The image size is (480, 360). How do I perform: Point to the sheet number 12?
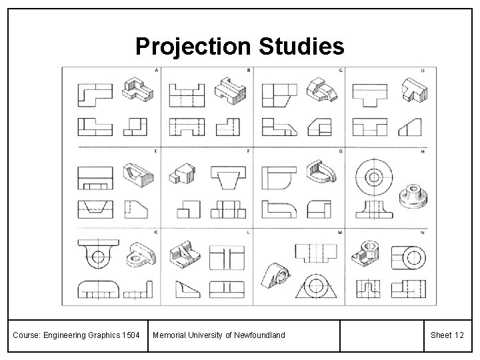click(458, 334)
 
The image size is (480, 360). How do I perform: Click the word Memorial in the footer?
click(173, 334)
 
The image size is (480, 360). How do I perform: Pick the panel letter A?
click(156, 70)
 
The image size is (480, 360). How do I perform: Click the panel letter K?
click(156, 232)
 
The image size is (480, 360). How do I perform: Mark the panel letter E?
click(156, 151)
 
